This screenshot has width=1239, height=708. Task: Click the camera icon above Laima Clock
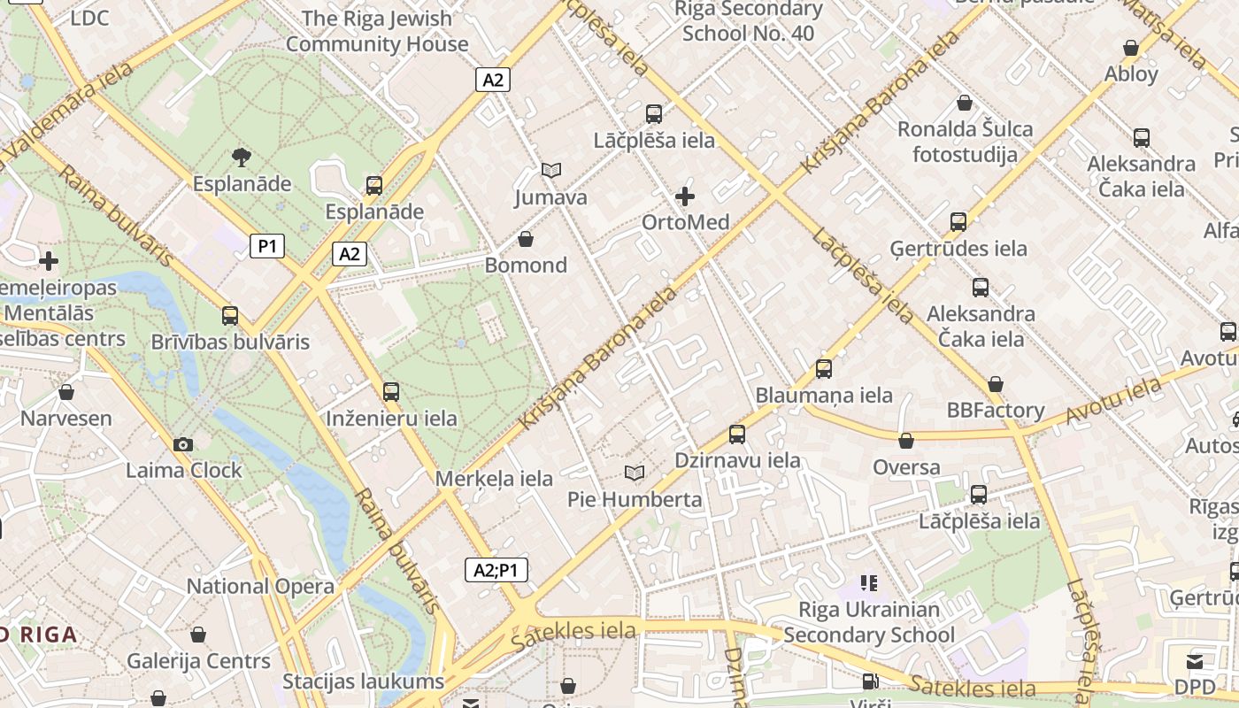click(x=183, y=444)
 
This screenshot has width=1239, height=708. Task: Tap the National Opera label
click(x=260, y=586)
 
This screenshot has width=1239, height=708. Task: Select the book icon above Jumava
click(x=551, y=170)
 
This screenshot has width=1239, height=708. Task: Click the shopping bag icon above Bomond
click(x=526, y=239)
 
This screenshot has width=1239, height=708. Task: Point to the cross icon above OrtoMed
click(x=685, y=196)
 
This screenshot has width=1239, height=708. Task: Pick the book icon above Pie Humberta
click(x=635, y=473)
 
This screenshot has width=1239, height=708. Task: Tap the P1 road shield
click(x=267, y=246)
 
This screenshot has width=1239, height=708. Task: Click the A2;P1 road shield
click(x=496, y=570)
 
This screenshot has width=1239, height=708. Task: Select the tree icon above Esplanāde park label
click(x=241, y=158)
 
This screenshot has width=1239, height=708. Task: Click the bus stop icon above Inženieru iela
click(x=391, y=392)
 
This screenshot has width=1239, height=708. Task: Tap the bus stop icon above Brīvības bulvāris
click(x=230, y=315)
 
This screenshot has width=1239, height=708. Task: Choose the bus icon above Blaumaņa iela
click(x=824, y=368)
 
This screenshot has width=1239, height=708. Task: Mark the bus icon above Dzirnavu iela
click(x=737, y=434)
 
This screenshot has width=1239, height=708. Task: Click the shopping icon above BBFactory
click(x=996, y=384)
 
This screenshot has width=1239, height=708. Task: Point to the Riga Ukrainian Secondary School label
click(x=869, y=622)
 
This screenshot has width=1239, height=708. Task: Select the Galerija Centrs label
click(x=198, y=661)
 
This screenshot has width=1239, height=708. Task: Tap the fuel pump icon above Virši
click(x=870, y=681)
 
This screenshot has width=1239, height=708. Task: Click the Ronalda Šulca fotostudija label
click(x=965, y=142)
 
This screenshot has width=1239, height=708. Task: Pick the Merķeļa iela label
click(x=494, y=479)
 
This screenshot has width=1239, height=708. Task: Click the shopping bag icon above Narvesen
click(x=66, y=392)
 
